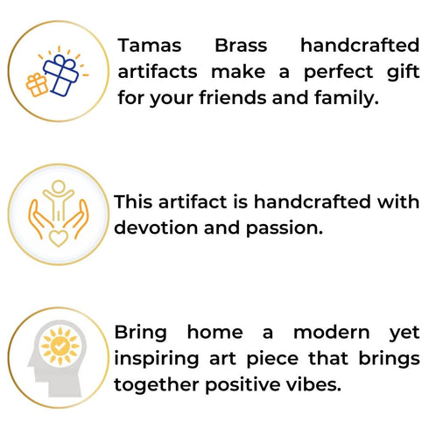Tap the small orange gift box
click(38, 84)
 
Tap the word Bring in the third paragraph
click(141, 334)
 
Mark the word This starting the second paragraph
click(135, 202)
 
